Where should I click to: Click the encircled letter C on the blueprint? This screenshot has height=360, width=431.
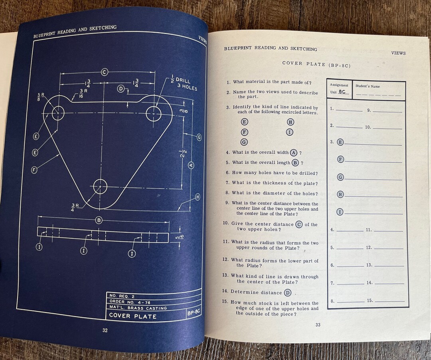[105, 72]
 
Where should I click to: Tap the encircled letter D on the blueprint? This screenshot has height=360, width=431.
[121, 89]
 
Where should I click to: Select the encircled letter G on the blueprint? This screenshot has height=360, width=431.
[198, 137]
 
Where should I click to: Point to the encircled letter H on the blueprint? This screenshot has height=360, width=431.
[197, 196]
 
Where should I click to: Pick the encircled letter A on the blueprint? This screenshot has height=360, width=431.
[191, 165]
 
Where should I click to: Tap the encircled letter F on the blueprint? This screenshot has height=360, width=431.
[34, 170]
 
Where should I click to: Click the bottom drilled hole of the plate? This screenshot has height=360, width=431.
[100, 186]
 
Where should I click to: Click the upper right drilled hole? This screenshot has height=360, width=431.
[154, 113]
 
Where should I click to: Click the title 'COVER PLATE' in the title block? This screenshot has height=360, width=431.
[133, 316]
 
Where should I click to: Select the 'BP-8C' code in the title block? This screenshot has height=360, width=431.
[194, 313]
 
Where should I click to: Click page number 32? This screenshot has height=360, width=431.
[105, 330]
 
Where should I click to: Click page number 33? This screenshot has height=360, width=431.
[318, 324]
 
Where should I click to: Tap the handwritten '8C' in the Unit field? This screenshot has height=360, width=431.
[342, 91]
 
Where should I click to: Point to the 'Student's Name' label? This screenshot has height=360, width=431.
[368, 86]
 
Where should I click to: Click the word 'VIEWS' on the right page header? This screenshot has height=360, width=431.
[398, 53]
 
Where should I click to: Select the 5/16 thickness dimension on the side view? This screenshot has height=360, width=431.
[177, 238]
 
